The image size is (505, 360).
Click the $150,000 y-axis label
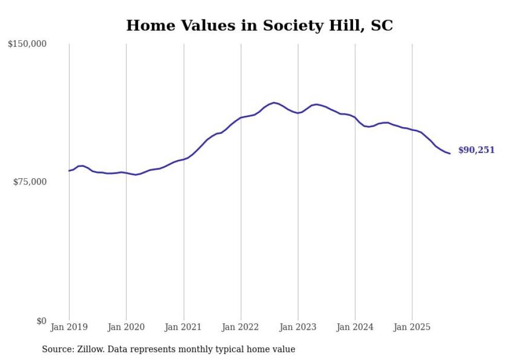point(27,44)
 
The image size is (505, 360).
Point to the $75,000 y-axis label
point(29,182)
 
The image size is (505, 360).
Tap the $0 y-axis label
point(41,321)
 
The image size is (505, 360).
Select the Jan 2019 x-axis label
point(69,327)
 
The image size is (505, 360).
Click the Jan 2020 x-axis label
point(126,327)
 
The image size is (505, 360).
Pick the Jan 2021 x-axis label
point(183,327)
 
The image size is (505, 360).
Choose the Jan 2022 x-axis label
point(241,327)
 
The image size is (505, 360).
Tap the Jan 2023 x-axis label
point(298,327)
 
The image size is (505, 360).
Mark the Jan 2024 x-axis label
point(355,327)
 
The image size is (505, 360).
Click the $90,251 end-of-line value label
point(476,150)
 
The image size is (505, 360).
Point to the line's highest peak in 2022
point(274,102)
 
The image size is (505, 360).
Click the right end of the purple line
point(450,153)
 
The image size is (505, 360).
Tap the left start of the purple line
point(69,170)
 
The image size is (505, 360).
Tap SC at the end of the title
point(382,26)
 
